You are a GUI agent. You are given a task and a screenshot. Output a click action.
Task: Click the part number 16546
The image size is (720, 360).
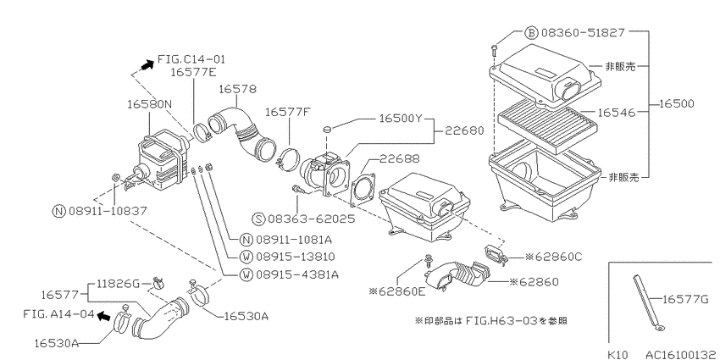point(617,112)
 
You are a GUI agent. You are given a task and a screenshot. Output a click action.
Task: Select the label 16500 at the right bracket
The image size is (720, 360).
point(678,104)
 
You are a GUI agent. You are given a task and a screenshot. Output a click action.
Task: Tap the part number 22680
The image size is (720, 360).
point(465,130)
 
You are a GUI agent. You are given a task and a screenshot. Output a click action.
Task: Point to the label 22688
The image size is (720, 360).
point(400,159)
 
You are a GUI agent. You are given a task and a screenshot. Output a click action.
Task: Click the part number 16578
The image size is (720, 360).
point(237,89)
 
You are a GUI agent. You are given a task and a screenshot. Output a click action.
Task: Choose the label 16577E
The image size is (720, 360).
point(193,72)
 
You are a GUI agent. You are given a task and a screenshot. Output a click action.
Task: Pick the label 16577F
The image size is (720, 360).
point(288,112)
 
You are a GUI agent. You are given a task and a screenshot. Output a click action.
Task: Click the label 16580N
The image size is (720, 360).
point(150,104)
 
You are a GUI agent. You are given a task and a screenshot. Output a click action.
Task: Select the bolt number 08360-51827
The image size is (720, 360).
point(582,32)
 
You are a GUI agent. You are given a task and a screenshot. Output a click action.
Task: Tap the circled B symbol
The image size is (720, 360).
point(531,33)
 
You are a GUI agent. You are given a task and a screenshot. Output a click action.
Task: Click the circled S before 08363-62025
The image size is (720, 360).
point(259,218)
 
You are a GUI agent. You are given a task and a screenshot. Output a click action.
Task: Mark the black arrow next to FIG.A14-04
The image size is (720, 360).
point(104,315)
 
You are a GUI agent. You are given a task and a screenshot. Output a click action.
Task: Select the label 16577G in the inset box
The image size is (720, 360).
point(686,300)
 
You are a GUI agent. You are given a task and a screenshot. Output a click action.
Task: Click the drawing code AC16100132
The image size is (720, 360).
point(683,354)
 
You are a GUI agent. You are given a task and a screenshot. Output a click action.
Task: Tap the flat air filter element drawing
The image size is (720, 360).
point(549,125)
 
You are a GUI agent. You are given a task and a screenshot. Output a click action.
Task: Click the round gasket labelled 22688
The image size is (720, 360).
point(363,189)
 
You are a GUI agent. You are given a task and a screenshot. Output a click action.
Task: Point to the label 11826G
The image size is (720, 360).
point(118,284)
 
